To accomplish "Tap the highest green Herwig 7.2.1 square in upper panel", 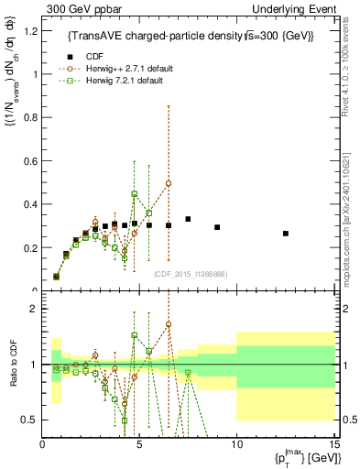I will pyautogui.click(x=135, y=194).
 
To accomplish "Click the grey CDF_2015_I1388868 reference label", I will pyautogui.click(x=191, y=273).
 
